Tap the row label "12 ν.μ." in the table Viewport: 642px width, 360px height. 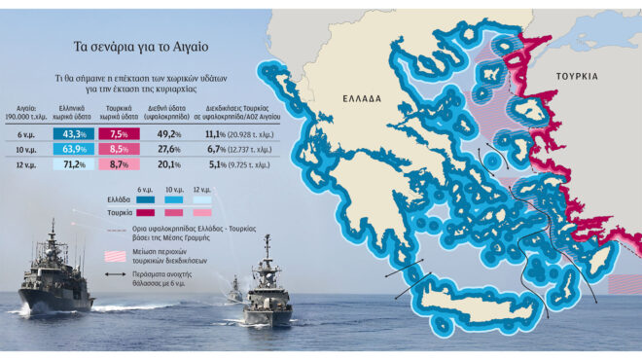click(27, 165)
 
